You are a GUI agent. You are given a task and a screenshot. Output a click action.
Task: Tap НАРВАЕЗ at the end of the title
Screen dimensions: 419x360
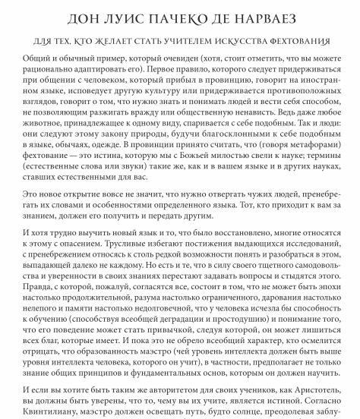268,17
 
